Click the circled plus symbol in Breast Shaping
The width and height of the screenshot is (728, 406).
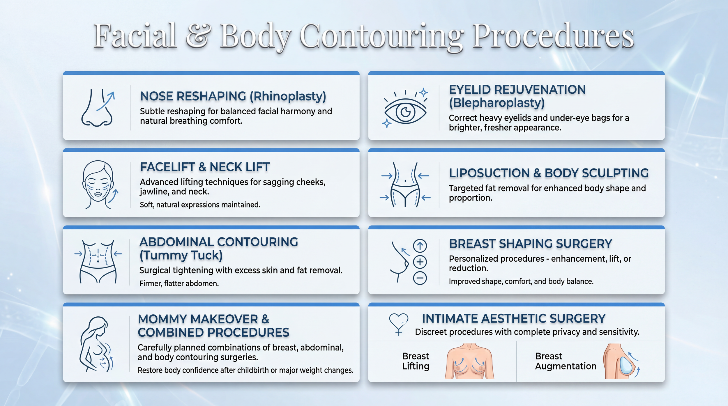click(x=420, y=262)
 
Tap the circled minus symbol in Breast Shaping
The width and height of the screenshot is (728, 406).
click(x=420, y=278)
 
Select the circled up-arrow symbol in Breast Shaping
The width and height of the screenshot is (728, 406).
click(x=420, y=246)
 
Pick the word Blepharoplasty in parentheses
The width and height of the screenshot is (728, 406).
click(x=496, y=103)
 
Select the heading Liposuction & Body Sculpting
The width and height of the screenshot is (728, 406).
click(x=549, y=173)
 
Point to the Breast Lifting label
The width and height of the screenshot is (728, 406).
click(x=416, y=361)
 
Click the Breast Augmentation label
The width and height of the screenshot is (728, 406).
click(x=566, y=361)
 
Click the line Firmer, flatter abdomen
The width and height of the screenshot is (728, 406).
click(x=179, y=283)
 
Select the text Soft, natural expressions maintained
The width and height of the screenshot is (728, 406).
click(x=200, y=205)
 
